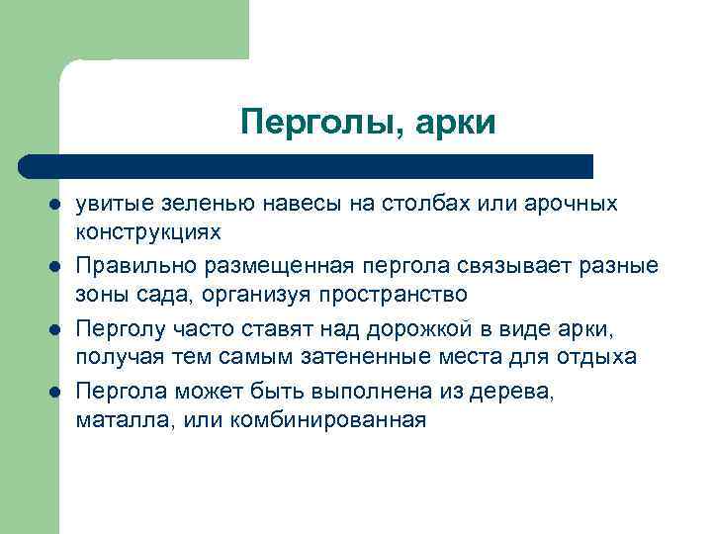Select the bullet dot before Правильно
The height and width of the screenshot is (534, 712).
[x=54, y=268]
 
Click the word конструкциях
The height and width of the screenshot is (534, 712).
[x=148, y=231]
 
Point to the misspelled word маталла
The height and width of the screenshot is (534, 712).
[x=119, y=420]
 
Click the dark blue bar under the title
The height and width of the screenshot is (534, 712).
[x=307, y=166]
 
